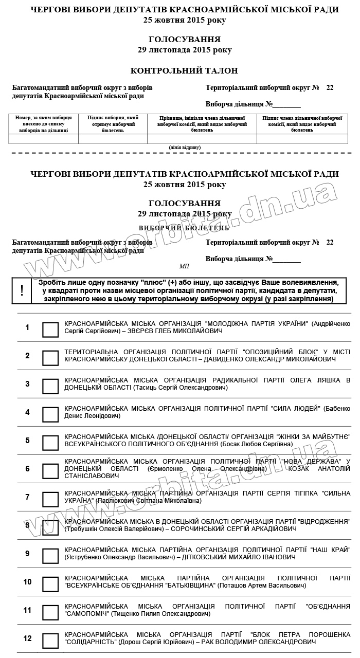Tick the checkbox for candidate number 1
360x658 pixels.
[50, 330]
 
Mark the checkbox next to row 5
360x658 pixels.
[50, 443]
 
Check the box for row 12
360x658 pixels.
[50, 641]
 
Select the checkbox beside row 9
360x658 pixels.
[50, 556]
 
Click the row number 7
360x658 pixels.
[27, 497]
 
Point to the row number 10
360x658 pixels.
[27, 582]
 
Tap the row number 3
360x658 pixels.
[27, 384]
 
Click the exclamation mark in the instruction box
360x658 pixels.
[22, 290]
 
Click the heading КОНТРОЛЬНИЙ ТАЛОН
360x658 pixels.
[184, 71]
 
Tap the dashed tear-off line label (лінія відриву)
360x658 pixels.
[185, 148]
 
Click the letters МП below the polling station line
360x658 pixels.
[184, 266]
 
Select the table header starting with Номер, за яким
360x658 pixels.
[43, 124]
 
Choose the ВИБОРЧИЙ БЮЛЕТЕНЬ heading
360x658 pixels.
[184, 227]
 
